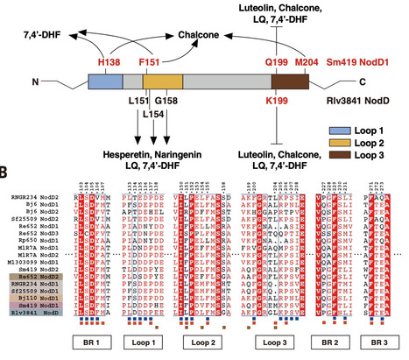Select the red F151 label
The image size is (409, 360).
pos(152,64)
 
